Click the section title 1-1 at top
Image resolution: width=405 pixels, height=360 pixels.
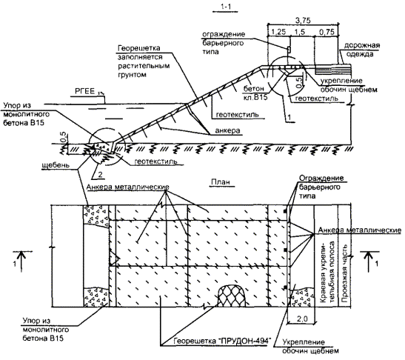(x=226, y=7)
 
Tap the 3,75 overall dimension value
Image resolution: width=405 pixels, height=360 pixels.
(x=303, y=20)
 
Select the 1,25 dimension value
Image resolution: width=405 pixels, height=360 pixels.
(x=278, y=32)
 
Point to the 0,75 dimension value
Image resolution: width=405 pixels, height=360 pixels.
(x=327, y=32)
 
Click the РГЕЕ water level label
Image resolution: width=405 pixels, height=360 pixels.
(x=84, y=91)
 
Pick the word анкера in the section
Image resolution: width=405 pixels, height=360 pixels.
(x=227, y=131)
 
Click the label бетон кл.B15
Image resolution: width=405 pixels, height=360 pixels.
(x=255, y=93)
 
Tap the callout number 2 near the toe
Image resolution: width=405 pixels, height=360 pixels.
(x=100, y=175)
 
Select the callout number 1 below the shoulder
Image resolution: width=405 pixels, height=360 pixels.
(x=289, y=117)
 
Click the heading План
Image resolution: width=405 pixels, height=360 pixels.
(x=220, y=182)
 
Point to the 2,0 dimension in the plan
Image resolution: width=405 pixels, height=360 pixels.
(x=302, y=319)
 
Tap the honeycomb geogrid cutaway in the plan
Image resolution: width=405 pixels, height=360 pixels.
(x=232, y=296)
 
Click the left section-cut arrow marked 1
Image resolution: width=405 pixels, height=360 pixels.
(x=22, y=261)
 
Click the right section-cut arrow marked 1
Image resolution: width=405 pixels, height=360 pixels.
(x=369, y=261)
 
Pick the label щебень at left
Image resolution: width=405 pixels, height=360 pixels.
(x=56, y=165)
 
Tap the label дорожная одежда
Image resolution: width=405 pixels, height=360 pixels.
(x=361, y=50)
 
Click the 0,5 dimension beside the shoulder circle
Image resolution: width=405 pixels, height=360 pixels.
(x=298, y=83)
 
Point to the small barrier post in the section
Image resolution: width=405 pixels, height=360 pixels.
(x=289, y=49)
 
